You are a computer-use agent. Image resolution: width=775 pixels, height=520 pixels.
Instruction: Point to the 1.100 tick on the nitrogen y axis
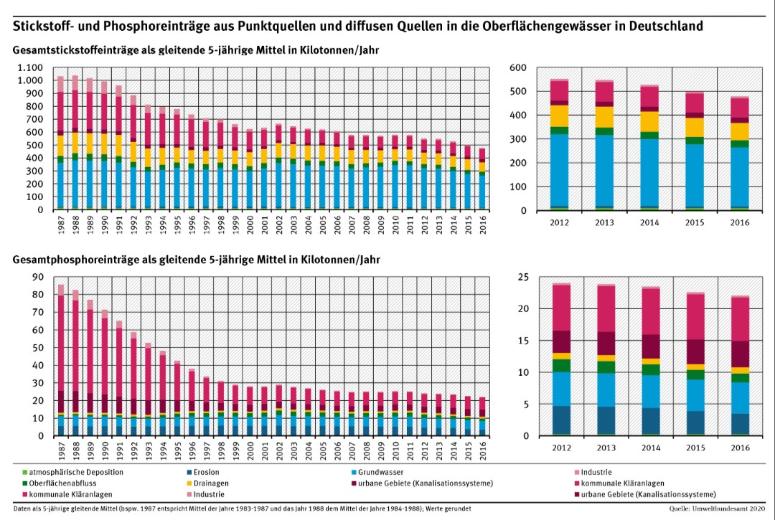(32, 67)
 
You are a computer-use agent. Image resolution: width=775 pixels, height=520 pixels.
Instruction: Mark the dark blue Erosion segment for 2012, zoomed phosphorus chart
(560, 420)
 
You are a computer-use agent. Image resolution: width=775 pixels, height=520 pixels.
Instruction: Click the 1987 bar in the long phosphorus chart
(61, 359)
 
